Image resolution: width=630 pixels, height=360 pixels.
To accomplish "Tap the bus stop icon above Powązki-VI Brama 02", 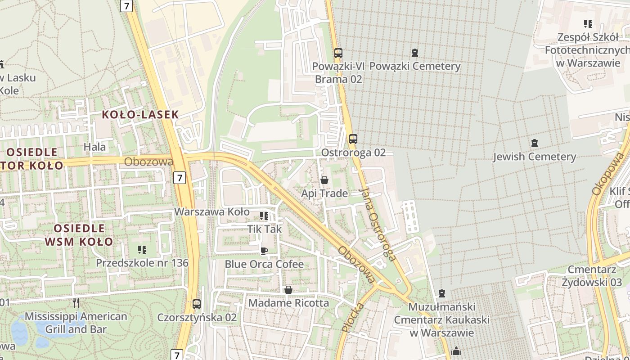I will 338,53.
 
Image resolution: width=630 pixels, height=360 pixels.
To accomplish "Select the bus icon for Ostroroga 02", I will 353,139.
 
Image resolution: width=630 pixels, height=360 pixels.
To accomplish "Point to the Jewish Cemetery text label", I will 534,157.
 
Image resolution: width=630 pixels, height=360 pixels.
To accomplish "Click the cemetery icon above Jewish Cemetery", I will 534,143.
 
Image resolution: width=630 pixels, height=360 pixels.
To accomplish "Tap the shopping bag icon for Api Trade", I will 324,180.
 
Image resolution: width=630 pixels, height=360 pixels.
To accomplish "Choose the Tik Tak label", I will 264,229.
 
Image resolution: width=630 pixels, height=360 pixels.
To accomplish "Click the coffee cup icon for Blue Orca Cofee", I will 264,251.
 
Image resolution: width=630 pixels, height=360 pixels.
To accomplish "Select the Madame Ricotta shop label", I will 288,303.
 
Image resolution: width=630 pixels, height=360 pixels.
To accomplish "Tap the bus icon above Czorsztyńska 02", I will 197,304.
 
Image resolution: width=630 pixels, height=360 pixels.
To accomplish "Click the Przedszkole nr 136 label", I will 142,262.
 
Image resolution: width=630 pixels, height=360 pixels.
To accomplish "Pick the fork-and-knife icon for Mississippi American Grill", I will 76,302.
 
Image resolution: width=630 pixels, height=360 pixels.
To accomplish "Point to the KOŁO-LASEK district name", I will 140,114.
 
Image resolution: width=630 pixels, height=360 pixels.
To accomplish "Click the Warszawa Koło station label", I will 211,211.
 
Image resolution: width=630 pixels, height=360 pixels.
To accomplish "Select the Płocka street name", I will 352,317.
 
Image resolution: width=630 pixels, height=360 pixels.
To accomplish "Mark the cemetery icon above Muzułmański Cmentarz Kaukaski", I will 442,294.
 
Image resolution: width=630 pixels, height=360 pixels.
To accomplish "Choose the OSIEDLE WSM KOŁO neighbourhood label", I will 79,235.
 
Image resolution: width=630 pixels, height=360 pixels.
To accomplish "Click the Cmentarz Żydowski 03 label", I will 594,276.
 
